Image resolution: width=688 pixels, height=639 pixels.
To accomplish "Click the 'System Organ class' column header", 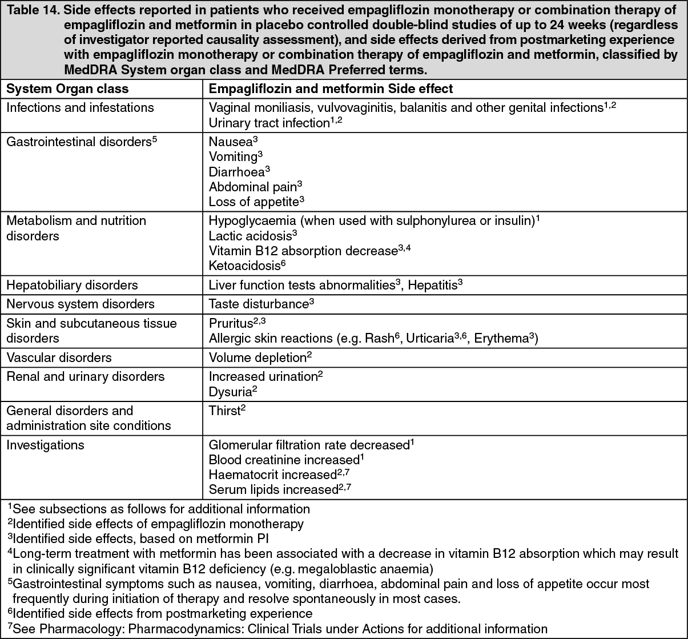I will pyautogui.click(x=67, y=89).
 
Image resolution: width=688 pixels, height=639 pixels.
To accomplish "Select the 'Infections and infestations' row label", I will pyautogui.click(x=80, y=108).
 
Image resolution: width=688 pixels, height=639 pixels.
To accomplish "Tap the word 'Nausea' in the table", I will pyautogui.click(x=230, y=142).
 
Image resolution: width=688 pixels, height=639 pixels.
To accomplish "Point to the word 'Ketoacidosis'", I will pyautogui.click(x=244, y=266).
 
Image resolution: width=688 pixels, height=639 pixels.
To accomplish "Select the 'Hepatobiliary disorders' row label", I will pyautogui.click(x=72, y=285).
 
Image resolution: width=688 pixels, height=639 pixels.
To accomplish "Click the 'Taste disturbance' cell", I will pyautogui.click(x=259, y=304).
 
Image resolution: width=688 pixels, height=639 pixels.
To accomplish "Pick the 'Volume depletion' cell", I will pyautogui.click(x=258, y=358).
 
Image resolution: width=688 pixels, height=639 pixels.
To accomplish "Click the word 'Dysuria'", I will pyautogui.click(x=230, y=392).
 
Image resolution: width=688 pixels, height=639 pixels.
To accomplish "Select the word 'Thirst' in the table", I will pyautogui.click(x=224, y=411).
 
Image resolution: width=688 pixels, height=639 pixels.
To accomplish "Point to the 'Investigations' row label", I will pyautogui.click(x=45, y=445).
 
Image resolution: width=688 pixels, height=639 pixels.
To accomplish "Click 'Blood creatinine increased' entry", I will pyautogui.click(x=283, y=460).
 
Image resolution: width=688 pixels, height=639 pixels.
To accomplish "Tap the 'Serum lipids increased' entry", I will pyautogui.click(x=273, y=490).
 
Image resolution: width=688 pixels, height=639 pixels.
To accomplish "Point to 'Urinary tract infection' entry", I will pyautogui.click(x=269, y=123).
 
